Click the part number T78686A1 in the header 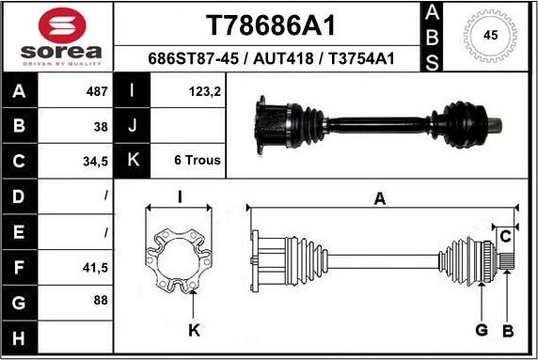coord(270,24)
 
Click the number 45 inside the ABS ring coord(490,36)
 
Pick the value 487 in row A coord(97,92)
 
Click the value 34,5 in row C coord(96,161)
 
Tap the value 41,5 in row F coord(96,267)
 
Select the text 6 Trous coord(198,161)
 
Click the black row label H coord(20,336)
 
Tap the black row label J coord(133,126)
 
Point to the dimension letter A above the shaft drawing coord(380,197)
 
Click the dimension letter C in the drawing coord(504,233)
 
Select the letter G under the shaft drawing coord(481,330)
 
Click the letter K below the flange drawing coord(193,330)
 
